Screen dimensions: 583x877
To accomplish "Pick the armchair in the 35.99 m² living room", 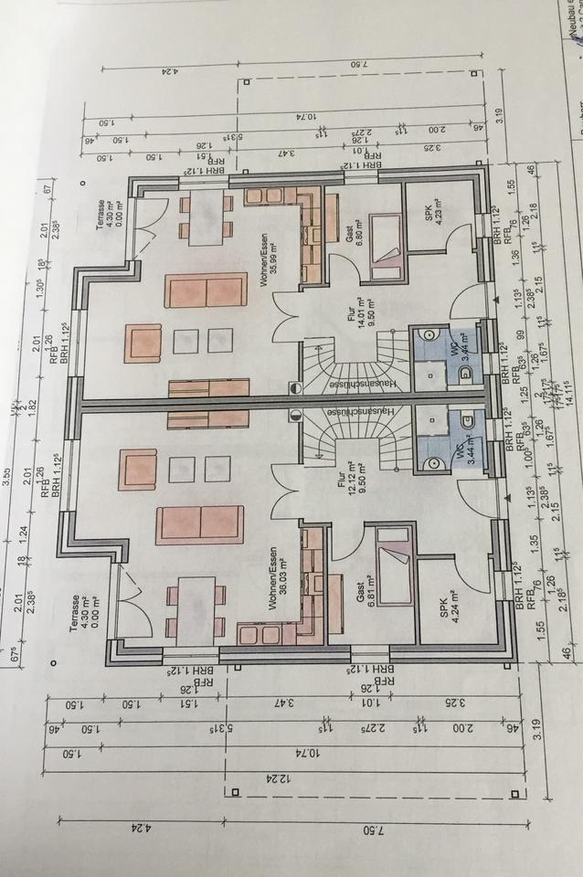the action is click(x=143, y=343).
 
